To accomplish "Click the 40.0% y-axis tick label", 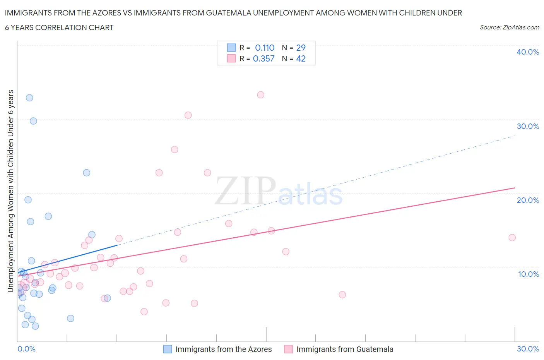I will coord(527,52).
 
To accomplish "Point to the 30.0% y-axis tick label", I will coord(527,126).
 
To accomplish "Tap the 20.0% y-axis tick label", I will coord(527,200).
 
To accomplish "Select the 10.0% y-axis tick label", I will coord(528,274).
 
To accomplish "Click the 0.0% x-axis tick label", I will coord(26,349).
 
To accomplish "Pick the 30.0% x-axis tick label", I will coord(528,349).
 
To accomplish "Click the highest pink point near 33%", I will coord(261,95).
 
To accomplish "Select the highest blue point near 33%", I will coord(29,98).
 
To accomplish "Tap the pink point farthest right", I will coord(512,238).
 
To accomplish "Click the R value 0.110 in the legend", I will coord(265,48).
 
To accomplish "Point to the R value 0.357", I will coord(263,58).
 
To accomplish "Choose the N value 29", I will coord(301,48).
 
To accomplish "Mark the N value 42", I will coord(301,58).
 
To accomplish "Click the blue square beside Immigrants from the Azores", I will coord(168,349).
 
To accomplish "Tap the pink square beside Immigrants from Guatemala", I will coord(288,349).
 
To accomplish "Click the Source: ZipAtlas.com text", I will coord(509,27).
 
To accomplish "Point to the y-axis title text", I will coord(11,191).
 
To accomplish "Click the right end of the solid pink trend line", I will coord(515,188).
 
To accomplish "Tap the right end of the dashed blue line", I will coord(515,136).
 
